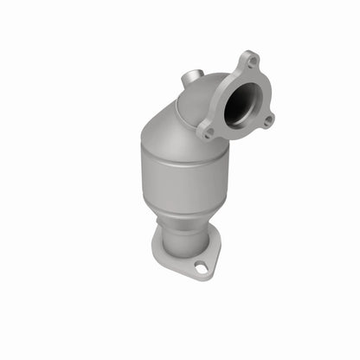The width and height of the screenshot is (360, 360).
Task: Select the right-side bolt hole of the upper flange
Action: tap(269, 119)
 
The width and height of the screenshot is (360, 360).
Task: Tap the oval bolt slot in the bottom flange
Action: tap(201, 268)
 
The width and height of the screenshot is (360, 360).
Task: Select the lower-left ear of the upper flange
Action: tap(206, 133)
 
